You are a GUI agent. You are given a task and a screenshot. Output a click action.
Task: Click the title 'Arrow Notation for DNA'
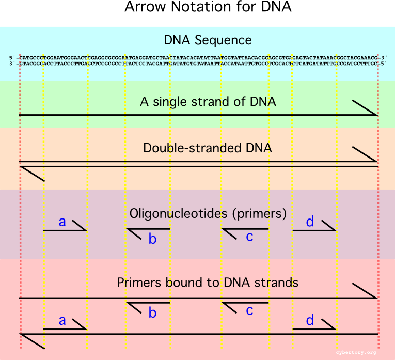coord(208,8)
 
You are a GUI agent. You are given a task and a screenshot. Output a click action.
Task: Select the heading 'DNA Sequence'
coord(208,40)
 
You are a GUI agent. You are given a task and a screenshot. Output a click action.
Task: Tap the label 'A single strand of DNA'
coord(208,102)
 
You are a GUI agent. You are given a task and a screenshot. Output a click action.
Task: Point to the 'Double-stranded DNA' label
coord(208,148)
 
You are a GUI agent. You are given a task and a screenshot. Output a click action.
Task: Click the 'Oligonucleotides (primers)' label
coord(208,213)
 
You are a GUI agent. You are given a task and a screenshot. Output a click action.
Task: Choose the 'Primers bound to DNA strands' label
coord(208,283)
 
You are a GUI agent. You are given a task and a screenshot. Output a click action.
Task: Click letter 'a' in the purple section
coord(62,222)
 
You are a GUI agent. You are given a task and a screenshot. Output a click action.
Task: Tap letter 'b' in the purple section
coord(152,238)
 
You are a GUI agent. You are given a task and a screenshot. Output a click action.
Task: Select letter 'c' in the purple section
coord(249,237)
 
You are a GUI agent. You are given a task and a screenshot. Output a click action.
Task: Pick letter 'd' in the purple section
coord(310,222)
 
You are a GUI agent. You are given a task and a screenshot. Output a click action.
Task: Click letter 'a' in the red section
coord(62,321)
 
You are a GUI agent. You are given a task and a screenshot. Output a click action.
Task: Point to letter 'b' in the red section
coord(152,312)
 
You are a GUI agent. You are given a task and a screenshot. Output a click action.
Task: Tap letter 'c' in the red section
coord(249,310)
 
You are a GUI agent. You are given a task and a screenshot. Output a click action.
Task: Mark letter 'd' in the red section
coord(310,320)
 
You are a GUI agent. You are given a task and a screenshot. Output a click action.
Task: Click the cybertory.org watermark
coord(356,353)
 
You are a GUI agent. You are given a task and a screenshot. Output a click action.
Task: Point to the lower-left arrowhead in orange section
coord(33,174)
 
